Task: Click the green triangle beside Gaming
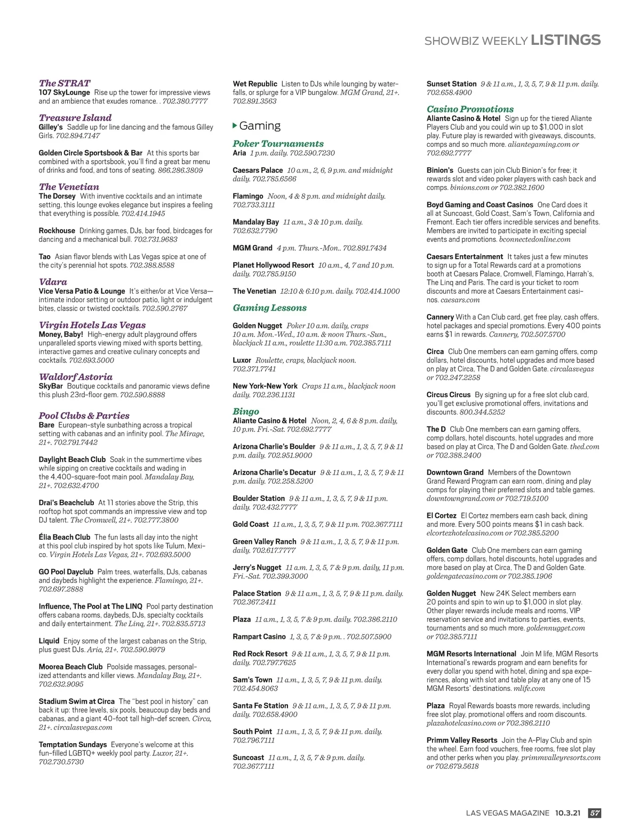pyautogui.click(x=235, y=125)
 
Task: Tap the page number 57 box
pyautogui.click(x=594, y=813)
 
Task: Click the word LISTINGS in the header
pyautogui.click(x=566, y=40)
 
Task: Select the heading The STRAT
pyautogui.click(x=65, y=83)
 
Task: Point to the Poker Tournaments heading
pyautogui.click(x=278, y=144)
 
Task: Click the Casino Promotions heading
pyautogui.click(x=470, y=109)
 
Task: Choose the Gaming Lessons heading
pyautogui.click(x=269, y=308)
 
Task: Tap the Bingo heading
pyautogui.click(x=246, y=411)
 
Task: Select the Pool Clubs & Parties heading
pyautogui.click(x=84, y=415)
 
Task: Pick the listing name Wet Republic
pyautogui.click(x=255, y=84)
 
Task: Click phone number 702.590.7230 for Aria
pyautogui.click(x=312, y=153)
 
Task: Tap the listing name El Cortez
pyautogui.click(x=441, y=516)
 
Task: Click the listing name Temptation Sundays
pyautogui.click(x=73, y=744)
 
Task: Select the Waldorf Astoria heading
pyautogui.click(x=76, y=377)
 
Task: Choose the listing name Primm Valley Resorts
pyautogui.click(x=462, y=740)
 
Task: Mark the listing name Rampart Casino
pyautogui.click(x=259, y=636)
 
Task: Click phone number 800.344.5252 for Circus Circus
pyautogui.click(x=482, y=412)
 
